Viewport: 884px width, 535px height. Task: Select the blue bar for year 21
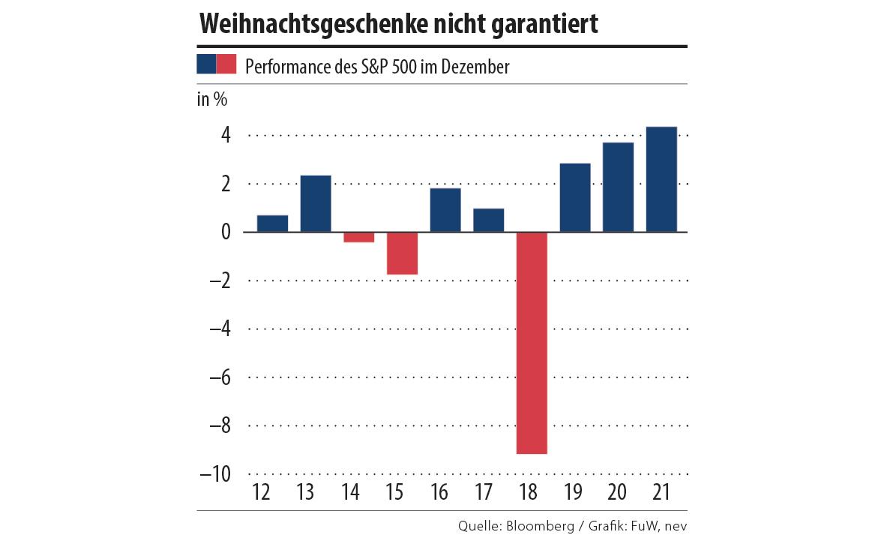(661, 179)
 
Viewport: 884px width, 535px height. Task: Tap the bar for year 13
(316, 203)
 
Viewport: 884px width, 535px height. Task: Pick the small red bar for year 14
(358, 237)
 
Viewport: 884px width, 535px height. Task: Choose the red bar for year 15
(402, 253)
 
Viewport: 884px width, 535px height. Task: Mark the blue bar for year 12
(272, 224)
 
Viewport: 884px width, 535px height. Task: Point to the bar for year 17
(488, 220)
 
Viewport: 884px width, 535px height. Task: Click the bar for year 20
(618, 187)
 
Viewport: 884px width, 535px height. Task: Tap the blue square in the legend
(206, 65)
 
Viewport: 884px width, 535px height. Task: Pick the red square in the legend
(226, 65)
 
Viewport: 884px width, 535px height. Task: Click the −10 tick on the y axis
(215, 474)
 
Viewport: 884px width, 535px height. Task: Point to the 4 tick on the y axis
(225, 135)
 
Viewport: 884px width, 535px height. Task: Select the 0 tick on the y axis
(225, 232)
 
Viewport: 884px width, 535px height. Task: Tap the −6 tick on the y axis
(218, 377)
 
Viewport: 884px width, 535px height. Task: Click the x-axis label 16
(440, 493)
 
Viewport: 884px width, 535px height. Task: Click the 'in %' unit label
(212, 100)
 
